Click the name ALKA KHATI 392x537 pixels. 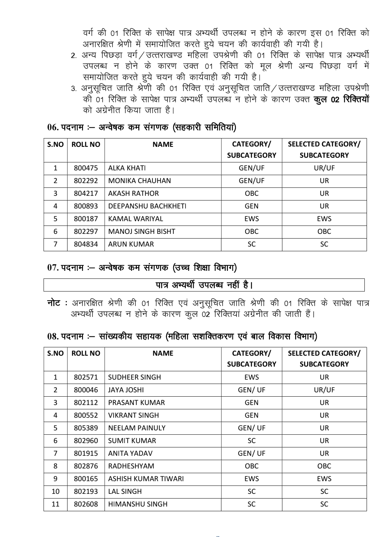point(127,168)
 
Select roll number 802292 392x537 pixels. point(86,181)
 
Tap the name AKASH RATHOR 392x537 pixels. point(133,193)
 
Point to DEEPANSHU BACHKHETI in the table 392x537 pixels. point(147,206)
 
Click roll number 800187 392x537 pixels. point(86,219)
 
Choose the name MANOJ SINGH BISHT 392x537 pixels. point(142,231)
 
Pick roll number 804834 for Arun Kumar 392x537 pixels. point(86,244)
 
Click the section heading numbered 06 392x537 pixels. point(142,127)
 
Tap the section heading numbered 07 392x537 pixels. point(142,268)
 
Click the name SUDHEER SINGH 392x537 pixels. point(134,377)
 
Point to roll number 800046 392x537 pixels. point(86,390)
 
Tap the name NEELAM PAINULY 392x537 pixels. point(136,428)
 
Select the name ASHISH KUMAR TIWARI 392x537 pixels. point(146,479)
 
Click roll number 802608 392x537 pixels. point(86,504)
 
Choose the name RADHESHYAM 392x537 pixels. point(131,466)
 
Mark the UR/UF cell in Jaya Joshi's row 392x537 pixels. point(324,390)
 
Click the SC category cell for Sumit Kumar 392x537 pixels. point(252,441)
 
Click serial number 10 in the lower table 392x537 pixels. point(56,491)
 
